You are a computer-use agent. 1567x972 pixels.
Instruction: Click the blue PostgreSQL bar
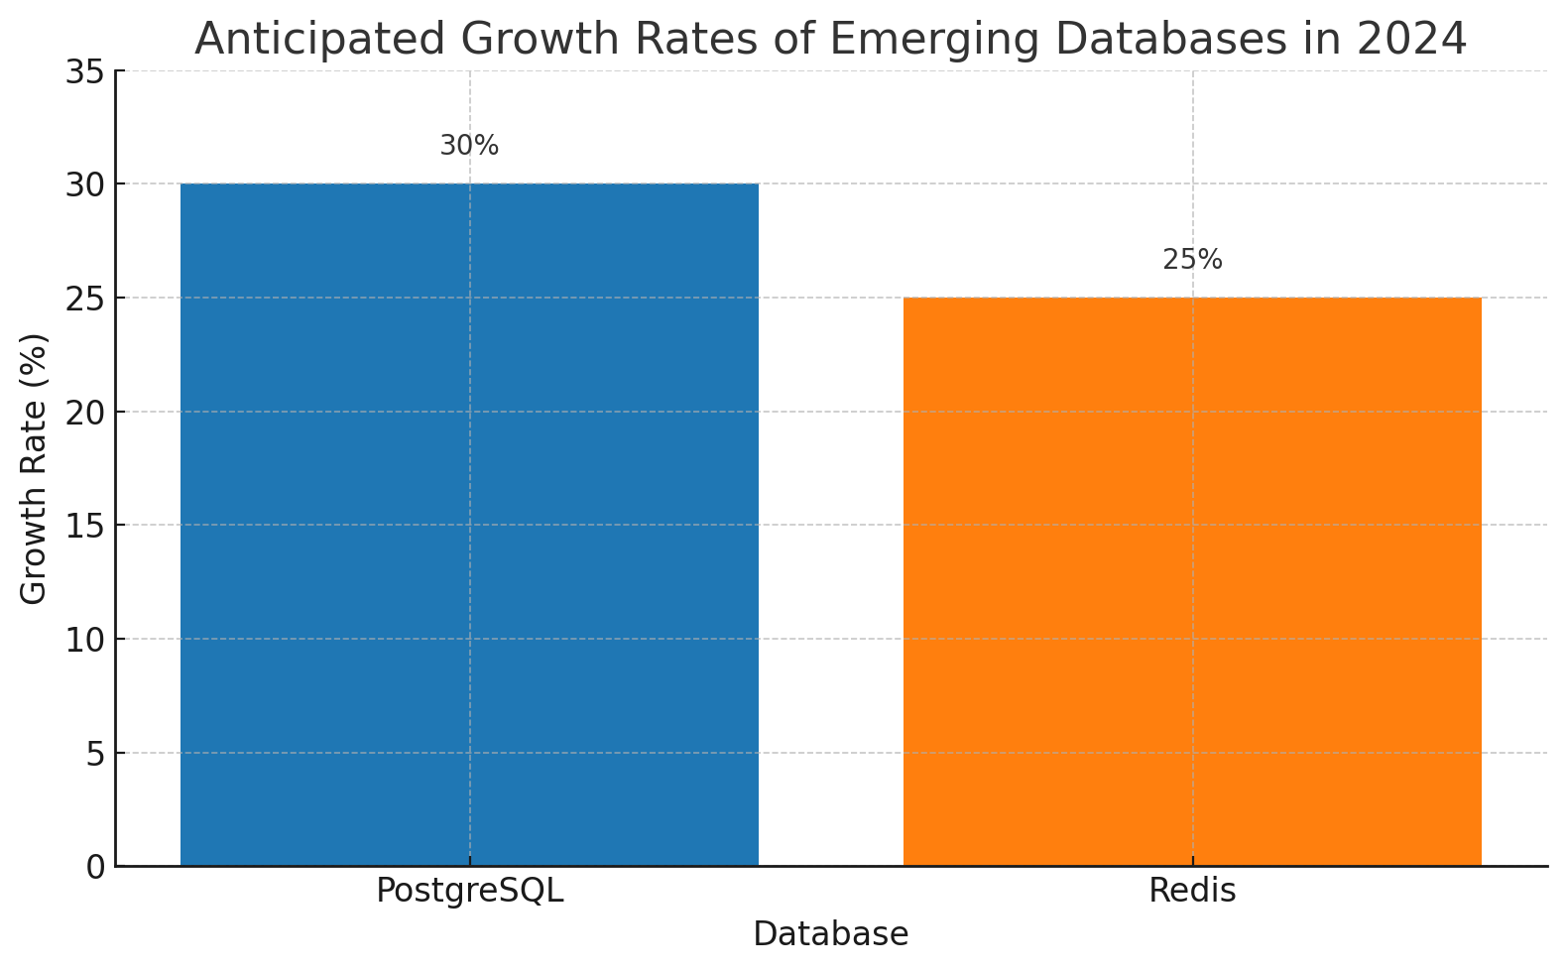469,525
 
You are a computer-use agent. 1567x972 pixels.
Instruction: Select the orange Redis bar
1193,581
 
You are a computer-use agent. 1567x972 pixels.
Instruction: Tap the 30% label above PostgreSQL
469,146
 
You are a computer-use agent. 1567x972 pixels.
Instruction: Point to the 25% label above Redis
1193,260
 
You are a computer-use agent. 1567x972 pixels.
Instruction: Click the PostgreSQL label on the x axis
469,891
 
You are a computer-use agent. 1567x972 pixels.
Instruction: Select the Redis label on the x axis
1193,891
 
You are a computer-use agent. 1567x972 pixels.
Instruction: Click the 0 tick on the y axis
96,868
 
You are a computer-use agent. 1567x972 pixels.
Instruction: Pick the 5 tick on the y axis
96,754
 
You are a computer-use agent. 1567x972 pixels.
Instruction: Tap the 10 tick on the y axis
85,640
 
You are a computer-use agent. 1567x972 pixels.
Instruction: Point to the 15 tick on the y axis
85,526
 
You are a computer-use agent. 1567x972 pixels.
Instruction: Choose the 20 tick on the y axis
85,413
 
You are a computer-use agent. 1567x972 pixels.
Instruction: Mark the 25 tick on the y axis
85,299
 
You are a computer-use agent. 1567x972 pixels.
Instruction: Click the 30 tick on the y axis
85,184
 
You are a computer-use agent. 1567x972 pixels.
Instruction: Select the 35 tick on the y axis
85,70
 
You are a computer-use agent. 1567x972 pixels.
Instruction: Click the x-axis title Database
830,934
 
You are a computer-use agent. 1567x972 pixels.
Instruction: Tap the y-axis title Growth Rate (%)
33,469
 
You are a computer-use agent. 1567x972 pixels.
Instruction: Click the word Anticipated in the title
320,40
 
